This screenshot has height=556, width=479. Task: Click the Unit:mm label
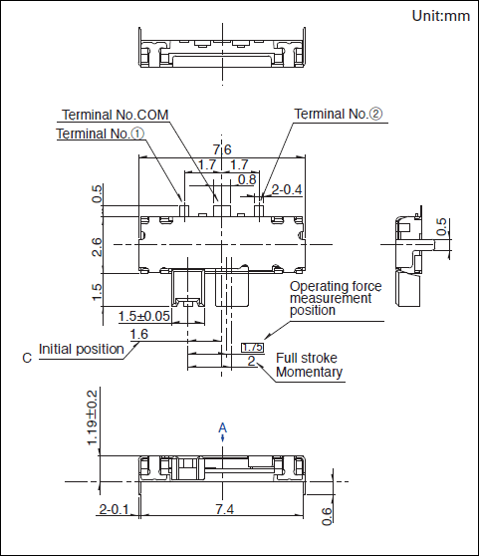(441, 16)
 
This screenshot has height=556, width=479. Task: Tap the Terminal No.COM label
(116, 115)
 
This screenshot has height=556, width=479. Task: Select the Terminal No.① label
(101, 134)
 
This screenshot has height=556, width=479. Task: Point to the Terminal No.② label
(339, 114)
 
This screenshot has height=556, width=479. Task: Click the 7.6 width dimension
(222, 149)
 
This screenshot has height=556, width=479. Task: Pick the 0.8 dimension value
(247, 179)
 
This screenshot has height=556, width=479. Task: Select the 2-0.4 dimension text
(287, 190)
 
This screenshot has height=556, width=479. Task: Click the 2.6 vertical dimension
(97, 247)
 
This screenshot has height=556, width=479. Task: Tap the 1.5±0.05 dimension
(143, 316)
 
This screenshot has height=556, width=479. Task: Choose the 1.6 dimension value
(139, 334)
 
